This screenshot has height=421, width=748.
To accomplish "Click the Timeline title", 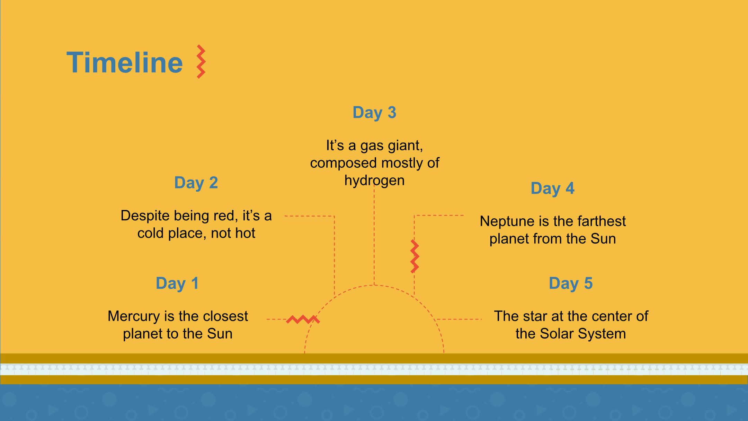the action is click(125, 62).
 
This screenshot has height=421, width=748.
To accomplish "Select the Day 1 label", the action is click(177, 283).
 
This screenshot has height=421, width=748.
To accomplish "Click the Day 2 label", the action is click(196, 183).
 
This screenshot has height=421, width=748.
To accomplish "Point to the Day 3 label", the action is click(374, 112).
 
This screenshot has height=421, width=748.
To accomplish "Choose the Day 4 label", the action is click(552, 188).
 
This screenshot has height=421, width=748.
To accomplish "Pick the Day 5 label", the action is click(571, 283).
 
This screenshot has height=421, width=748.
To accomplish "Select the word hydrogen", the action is click(374, 180).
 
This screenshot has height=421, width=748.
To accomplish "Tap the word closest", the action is click(225, 316).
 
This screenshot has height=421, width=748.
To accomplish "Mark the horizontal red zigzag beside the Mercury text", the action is click(303, 319).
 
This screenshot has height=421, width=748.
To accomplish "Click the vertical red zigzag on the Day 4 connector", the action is click(415, 256).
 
